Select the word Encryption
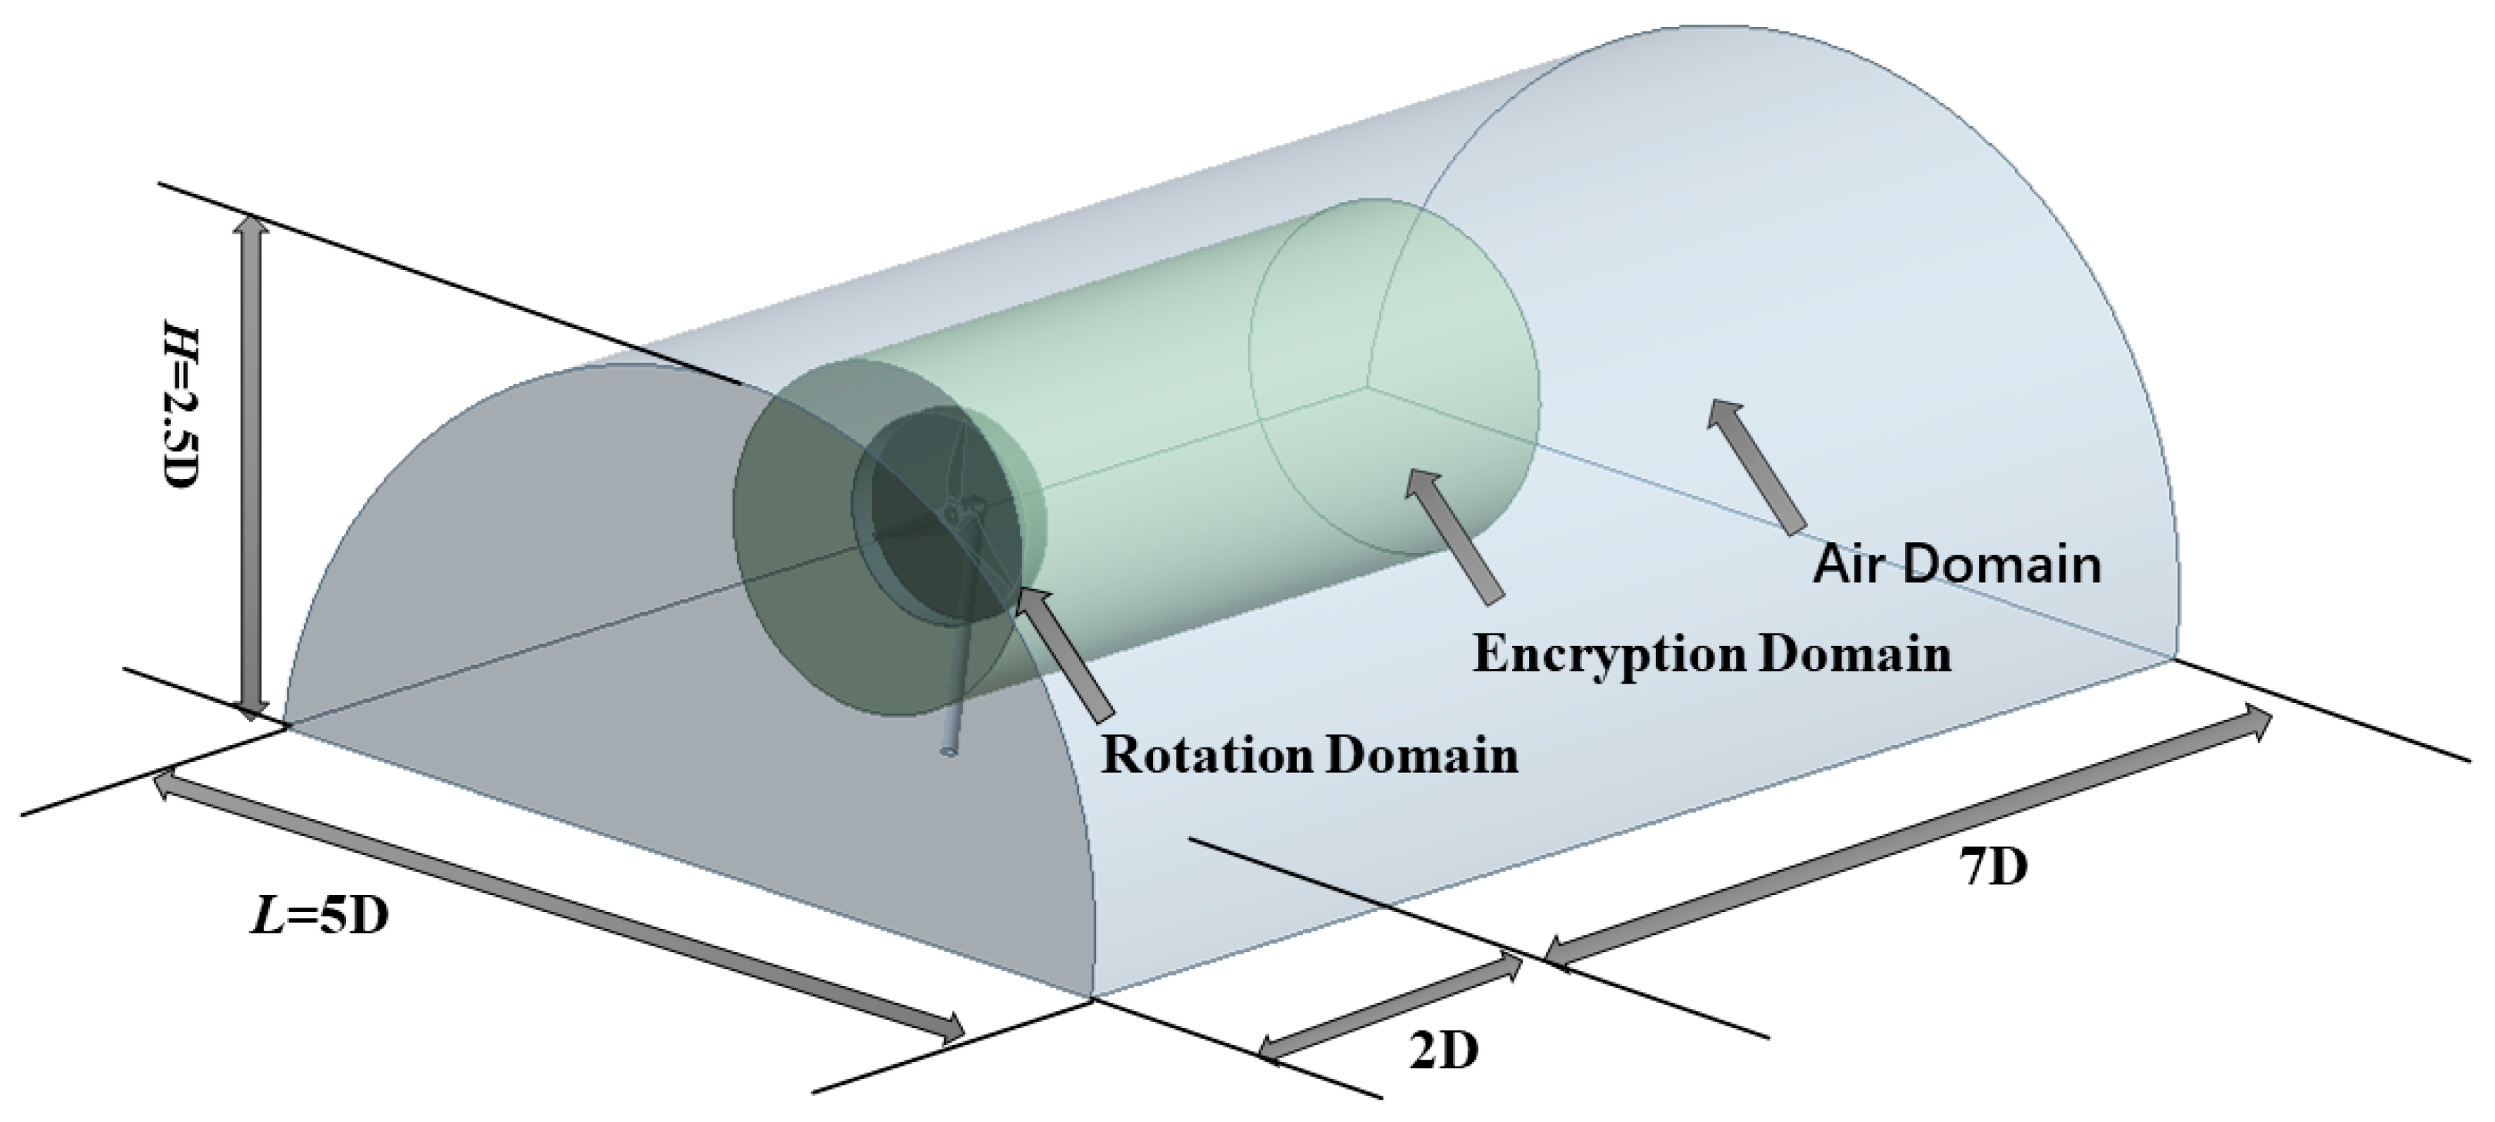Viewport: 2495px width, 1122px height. tap(1611, 655)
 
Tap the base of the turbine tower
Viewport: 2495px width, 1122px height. tap(949, 751)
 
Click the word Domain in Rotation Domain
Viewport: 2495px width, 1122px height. tap(1422, 755)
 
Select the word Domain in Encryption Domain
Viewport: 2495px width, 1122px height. tap(1854, 655)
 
